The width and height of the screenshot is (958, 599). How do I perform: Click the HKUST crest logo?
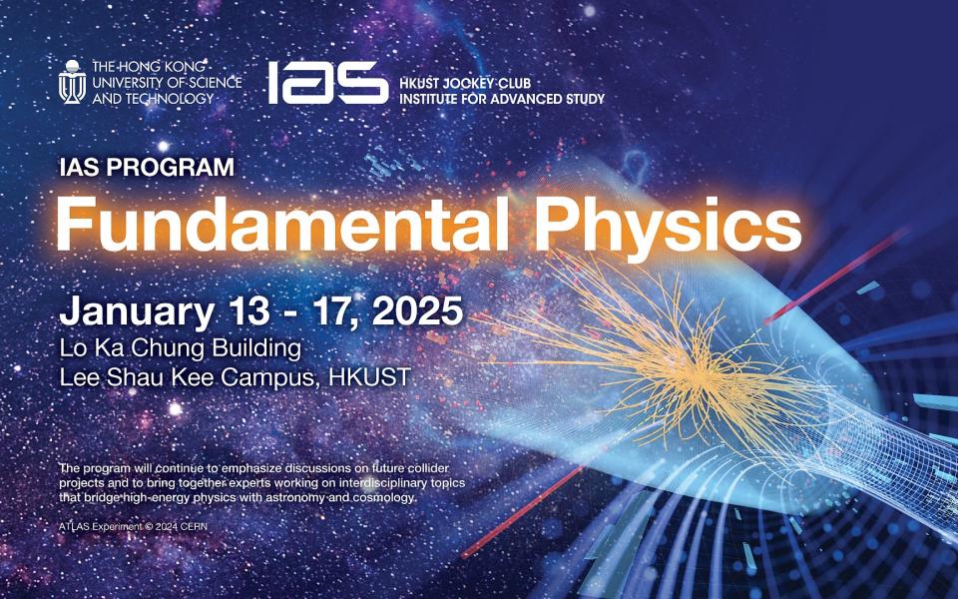click(x=72, y=81)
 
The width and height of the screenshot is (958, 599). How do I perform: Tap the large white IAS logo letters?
click(x=328, y=83)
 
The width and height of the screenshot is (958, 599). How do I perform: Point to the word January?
click(x=137, y=311)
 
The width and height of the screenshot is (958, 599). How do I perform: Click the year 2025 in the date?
click(x=417, y=310)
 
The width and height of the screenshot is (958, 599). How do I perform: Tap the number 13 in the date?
click(x=249, y=310)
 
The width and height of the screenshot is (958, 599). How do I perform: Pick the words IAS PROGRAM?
click(x=147, y=167)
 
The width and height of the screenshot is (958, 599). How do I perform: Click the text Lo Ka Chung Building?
click(x=181, y=348)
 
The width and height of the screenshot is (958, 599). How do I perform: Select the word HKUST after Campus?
click(x=369, y=377)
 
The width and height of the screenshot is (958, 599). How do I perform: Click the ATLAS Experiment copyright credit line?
click(x=133, y=526)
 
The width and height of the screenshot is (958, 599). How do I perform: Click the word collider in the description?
click(x=428, y=468)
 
